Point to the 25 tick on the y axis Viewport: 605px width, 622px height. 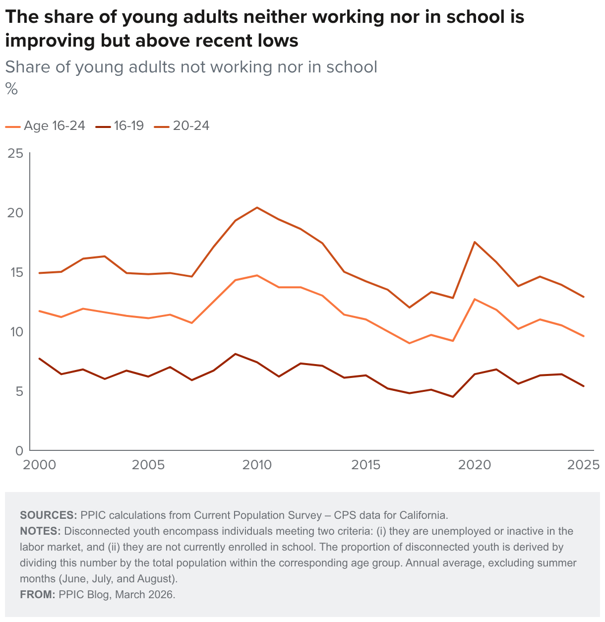pyautogui.click(x=16, y=153)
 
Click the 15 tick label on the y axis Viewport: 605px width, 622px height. pyautogui.click(x=16, y=272)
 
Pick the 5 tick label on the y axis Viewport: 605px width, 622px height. pyautogui.click(x=19, y=391)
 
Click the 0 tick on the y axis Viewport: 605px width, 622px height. pyautogui.click(x=19, y=451)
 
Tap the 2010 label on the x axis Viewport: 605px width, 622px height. pyautogui.click(x=257, y=465)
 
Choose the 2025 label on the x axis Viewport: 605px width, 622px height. pyautogui.click(x=584, y=465)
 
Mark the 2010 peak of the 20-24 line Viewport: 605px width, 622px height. pyautogui.click(x=257, y=207)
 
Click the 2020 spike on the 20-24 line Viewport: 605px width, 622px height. pyautogui.click(x=475, y=242)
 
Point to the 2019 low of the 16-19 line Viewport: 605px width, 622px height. pyautogui.click(x=453, y=397)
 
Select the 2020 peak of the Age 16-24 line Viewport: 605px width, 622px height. pyautogui.click(x=475, y=299)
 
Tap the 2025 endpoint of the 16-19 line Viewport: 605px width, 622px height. pyautogui.click(x=584, y=386)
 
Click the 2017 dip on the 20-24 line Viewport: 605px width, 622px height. pyautogui.click(x=409, y=308)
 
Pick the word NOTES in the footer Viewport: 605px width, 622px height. pyautogui.click(x=40, y=531)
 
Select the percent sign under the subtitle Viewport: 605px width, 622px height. pyautogui.click(x=11, y=89)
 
